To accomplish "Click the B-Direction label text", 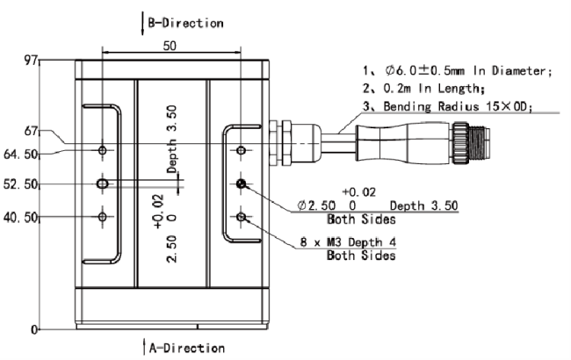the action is pos(185,23).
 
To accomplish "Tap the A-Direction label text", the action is pos(187,348).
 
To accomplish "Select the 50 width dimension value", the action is pos(170,46).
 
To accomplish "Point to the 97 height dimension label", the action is pos(31,61).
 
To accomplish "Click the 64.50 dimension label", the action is pos(21,155).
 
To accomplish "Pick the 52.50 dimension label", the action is pos(21,184).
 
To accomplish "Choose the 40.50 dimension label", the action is pos(21,218).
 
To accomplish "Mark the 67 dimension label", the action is pos(31,131).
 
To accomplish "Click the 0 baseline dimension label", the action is pos(34,330).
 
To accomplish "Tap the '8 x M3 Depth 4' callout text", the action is pos(348,242).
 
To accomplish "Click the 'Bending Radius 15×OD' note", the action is pos(458,106).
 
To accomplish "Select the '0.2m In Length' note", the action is pos(434,88).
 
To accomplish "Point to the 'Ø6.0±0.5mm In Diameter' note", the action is pos(469,70).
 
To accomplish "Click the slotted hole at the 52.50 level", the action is pos(103,184).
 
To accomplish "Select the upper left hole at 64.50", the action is pos(103,150).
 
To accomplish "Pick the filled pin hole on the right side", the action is pos(241,184).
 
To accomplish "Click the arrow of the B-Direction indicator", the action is pos(142,24).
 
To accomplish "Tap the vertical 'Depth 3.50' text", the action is pos(172,139).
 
